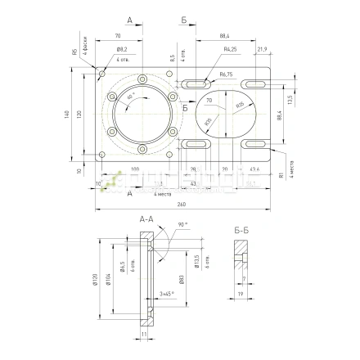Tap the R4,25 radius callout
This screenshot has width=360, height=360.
tap(230, 50)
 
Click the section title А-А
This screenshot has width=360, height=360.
tap(146, 220)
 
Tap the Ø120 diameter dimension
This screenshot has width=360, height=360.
tap(96, 281)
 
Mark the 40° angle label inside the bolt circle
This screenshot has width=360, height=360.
tap(130, 98)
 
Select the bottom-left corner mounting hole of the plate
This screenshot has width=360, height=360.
tap(102, 156)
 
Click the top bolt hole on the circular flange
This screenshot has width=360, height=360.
tap(143, 79)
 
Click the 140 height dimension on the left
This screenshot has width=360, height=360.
tap(67, 115)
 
